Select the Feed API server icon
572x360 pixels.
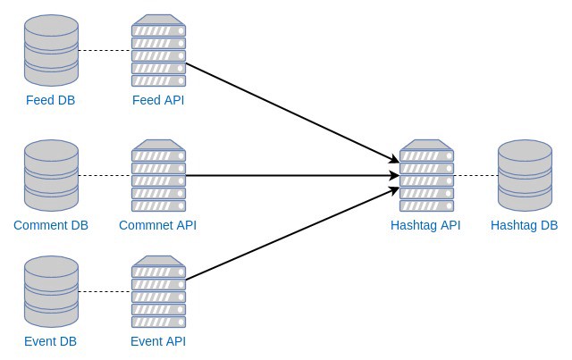[x=158, y=50]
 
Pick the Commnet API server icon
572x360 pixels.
[x=158, y=175]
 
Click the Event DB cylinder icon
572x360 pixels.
[x=51, y=291]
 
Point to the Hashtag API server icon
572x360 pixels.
[x=426, y=175]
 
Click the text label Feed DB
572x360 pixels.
[x=51, y=100]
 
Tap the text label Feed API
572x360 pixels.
[x=158, y=100]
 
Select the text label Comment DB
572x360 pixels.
[x=50, y=225]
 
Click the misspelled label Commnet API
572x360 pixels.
[x=157, y=225]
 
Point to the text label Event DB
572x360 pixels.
[x=51, y=341]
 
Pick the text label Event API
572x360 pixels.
[x=158, y=341]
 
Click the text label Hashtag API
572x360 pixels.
[x=425, y=225]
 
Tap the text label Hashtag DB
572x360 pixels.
[x=524, y=225]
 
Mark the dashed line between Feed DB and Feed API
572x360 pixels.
[x=105, y=51]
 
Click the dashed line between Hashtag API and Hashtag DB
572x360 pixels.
[x=475, y=176]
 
